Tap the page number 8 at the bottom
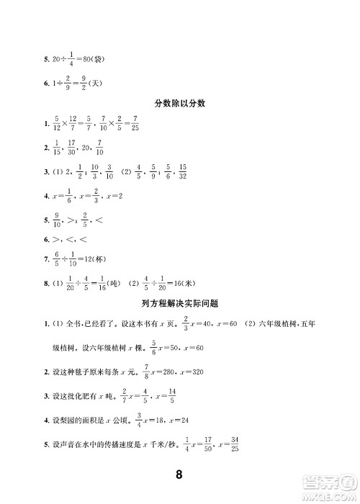coord(181,474)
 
